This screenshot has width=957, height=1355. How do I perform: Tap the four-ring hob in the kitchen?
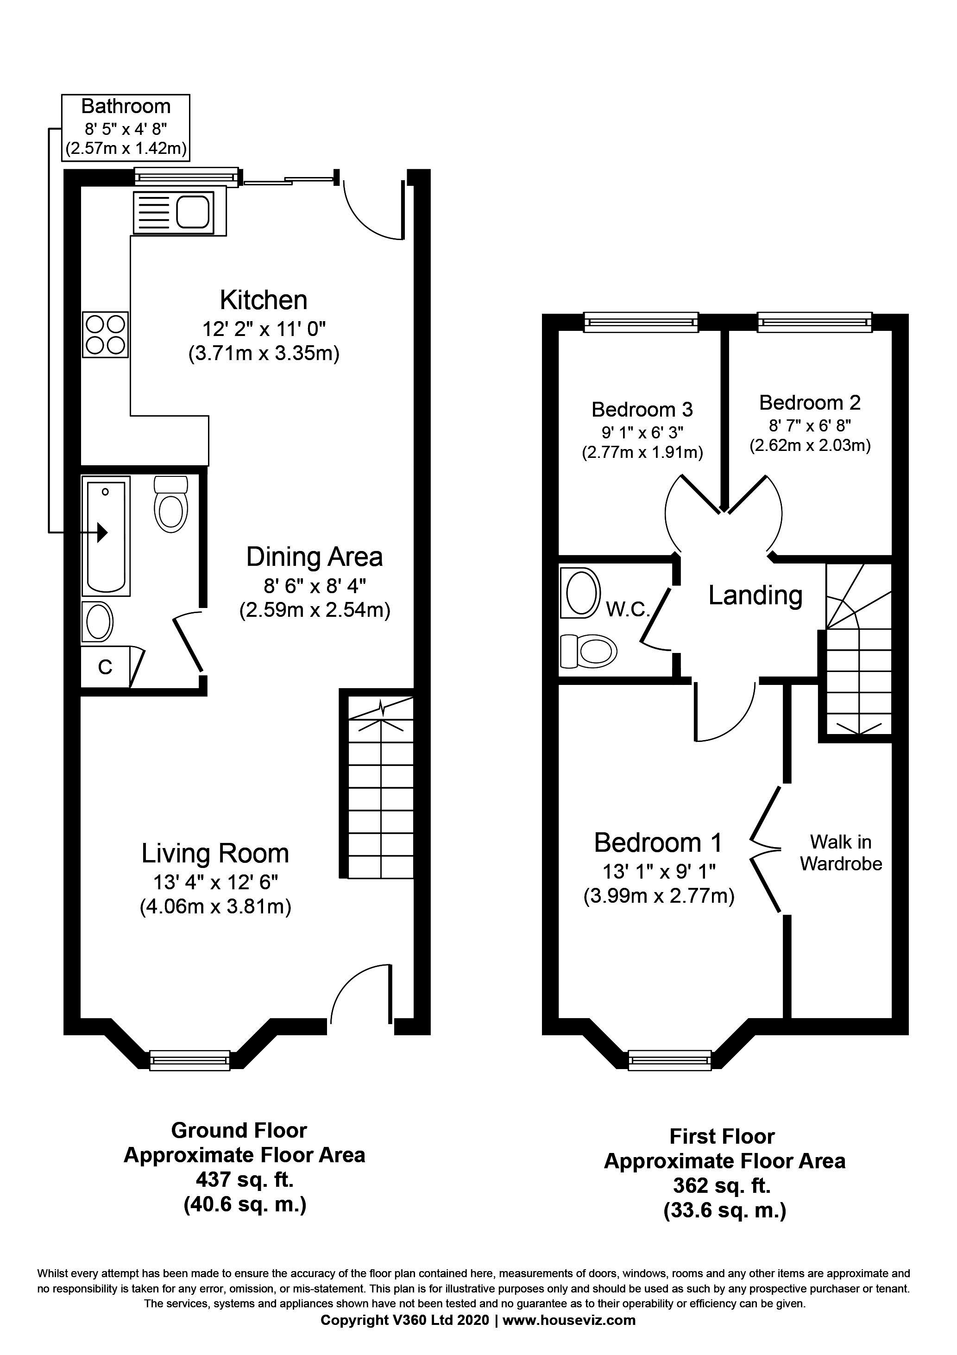point(106,334)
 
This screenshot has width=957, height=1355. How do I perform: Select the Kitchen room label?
point(263,300)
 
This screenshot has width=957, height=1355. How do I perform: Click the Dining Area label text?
point(314,557)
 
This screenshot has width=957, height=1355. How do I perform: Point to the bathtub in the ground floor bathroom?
point(106,536)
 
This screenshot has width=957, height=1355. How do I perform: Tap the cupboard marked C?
point(105,667)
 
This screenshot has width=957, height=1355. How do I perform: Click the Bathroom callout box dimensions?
point(126,138)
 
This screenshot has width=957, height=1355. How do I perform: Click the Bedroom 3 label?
point(642,409)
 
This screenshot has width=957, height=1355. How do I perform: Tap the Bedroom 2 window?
point(814,322)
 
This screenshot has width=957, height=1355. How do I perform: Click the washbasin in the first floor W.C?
point(581,593)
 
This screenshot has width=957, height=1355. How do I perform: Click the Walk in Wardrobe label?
point(840,852)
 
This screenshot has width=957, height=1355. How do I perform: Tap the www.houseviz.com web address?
point(569,1321)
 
